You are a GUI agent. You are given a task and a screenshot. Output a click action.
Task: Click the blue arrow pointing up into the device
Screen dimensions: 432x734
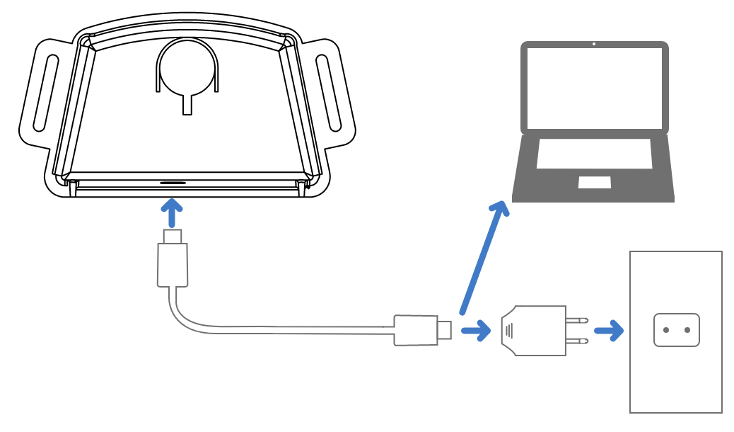click(172, 212)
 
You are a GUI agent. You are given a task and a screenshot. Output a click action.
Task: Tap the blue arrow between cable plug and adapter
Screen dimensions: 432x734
click(476, 330)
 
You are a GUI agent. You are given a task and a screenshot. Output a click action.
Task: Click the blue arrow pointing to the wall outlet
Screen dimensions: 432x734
click(609, 330)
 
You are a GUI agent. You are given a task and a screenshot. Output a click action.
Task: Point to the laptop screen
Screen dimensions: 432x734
click(594, 87)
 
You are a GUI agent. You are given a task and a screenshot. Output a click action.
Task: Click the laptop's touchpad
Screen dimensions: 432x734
click(595, 182)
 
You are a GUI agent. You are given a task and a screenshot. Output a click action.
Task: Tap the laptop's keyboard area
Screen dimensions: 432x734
click(594, 154)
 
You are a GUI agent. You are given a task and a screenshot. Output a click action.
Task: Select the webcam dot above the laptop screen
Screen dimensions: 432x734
click(594, 44)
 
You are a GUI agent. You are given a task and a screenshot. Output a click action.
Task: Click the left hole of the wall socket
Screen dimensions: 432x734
click(666, 330)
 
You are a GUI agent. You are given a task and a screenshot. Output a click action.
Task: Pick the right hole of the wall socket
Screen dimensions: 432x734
click(687, 330)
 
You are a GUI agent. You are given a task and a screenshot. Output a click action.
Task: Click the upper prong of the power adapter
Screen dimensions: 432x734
click(577, 320)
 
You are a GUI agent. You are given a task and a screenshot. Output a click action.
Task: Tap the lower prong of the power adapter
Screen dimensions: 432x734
click(577, 341)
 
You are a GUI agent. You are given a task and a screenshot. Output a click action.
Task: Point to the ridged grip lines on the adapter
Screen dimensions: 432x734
click(510, 330)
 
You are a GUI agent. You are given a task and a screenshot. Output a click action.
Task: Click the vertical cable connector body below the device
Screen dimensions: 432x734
click(173, 264)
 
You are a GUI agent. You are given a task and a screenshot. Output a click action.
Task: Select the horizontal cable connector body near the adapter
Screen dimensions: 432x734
click(416, 330)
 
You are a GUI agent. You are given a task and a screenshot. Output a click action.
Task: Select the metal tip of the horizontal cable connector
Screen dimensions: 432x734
click(444, 330)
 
